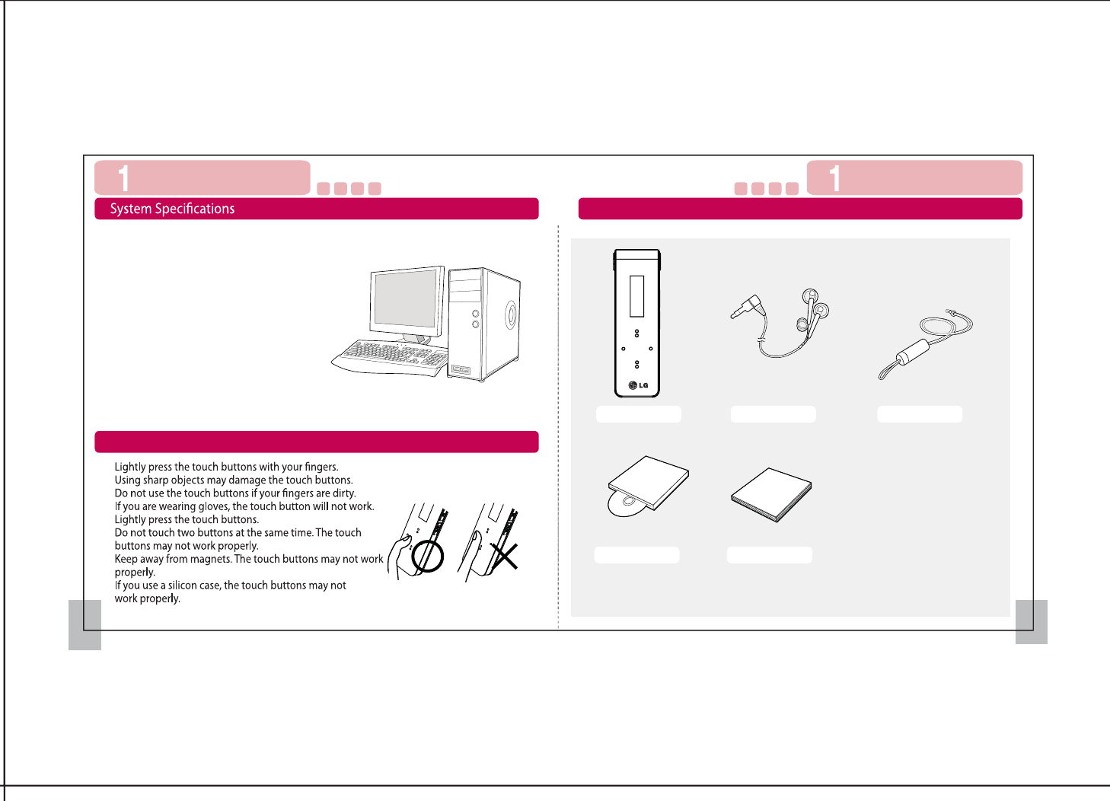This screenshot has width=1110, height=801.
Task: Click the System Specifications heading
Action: pyautogui.click(x=172, y=209)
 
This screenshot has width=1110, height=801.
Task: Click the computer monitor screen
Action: pyautogui.click(x=406, y=298)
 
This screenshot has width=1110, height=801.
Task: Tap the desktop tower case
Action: pyautogui.click(x=483, y=324)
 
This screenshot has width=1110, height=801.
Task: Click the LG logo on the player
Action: pyautogui.click(x=638, y=385)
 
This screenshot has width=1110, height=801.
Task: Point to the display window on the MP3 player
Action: pyautogui.click(x=636, y=296)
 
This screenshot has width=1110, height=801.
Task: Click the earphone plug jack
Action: pyautogui.click(x=748, y=306)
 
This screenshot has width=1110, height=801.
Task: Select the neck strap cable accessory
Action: pyautogui.click(x=925, y=344)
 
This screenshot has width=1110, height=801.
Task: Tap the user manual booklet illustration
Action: pyautogui.click(x=771, y=495)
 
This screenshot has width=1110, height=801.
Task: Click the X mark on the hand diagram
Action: pyautogui.click(x=505, y=556)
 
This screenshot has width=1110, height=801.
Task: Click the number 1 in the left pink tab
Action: pyautogui.click(x=124, y=178)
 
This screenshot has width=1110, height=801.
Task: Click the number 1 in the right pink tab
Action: pyautogui.click(x=835, y=178)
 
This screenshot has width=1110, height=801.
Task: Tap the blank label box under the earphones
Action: pyautogui.click(x=773, y=414)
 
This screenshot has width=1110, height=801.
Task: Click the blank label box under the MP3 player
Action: pyautogui.click(x=639, y=414)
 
